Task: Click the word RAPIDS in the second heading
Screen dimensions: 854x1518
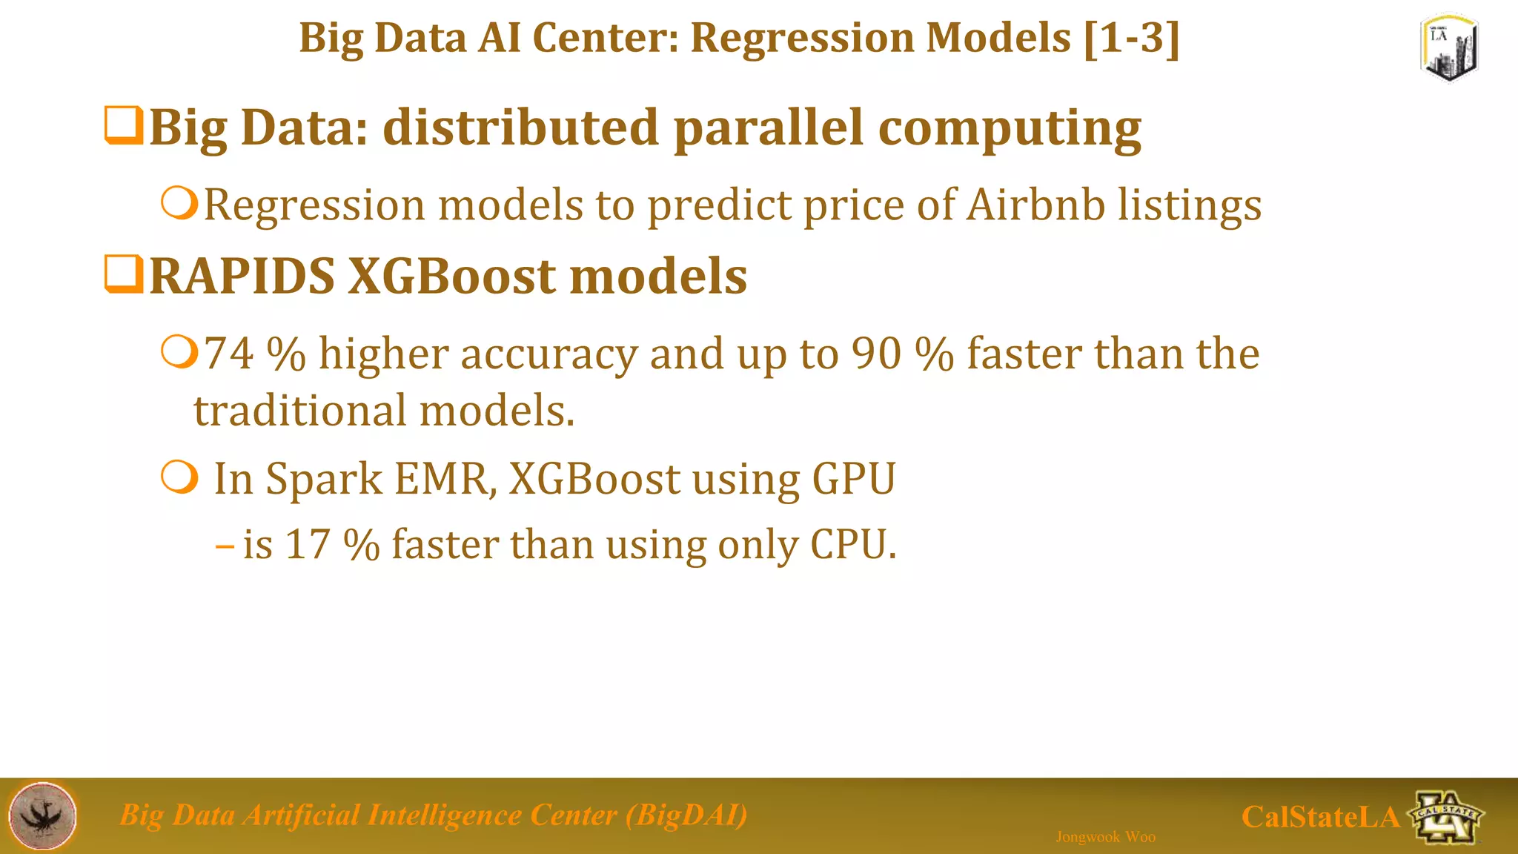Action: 242,276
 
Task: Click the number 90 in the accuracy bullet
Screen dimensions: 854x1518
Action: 875,354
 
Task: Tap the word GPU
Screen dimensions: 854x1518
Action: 854,479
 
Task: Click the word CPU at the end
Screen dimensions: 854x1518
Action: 852,544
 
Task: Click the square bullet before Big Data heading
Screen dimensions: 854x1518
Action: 123,126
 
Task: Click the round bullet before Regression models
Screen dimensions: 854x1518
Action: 179,203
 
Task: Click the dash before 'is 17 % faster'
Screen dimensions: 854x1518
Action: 225,547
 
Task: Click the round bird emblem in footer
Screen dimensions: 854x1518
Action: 42,815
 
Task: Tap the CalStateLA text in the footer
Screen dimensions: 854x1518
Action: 1320,817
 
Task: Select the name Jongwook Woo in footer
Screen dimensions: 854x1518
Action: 1105,837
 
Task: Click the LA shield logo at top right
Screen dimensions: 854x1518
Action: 1449,47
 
